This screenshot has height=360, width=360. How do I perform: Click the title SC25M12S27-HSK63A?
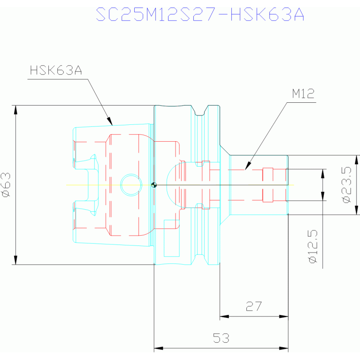200,15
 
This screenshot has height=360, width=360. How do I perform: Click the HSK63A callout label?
56,70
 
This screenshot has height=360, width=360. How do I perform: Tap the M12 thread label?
303,94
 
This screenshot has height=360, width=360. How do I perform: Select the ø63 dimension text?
6,185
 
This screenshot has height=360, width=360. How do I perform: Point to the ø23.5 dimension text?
347,185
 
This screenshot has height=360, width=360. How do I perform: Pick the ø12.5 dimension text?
313,246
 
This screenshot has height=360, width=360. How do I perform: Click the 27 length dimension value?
254,306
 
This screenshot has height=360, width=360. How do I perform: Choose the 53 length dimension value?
221,338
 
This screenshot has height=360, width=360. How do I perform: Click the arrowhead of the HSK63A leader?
110,121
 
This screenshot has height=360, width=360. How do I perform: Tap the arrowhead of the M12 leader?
248,166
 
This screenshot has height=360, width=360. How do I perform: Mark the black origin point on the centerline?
154,185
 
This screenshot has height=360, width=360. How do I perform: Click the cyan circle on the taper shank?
131,185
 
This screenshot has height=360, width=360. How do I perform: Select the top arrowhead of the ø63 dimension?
15,110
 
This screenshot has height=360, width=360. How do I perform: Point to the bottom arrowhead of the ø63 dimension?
15,260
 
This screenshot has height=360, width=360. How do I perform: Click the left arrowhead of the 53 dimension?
159,348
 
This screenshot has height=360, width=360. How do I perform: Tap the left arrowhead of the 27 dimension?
224,316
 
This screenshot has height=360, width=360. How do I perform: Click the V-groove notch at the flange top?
199,111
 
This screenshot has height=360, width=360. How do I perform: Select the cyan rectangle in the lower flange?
171,238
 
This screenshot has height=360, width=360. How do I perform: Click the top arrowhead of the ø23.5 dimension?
357,160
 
